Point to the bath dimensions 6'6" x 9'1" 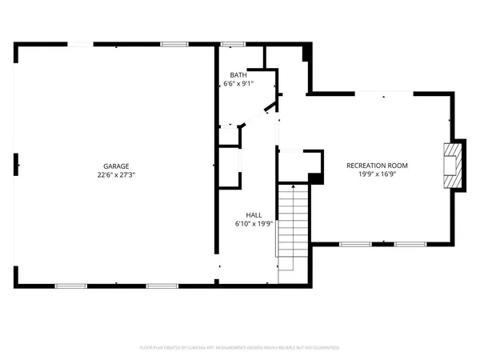[238, 83]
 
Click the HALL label [254, 214]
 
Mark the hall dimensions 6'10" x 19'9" [254, 224]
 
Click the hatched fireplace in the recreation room [454, 166]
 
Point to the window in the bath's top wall [232, 43]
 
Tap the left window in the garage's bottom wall [70, 286]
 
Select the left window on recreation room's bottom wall [353, 242]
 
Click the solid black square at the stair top [316, 178]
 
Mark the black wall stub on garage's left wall [16, 166]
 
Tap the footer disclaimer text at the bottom [240, 348]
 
